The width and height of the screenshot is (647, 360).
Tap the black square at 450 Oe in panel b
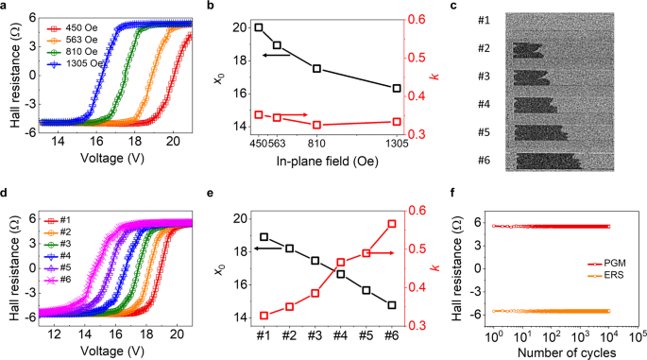259,27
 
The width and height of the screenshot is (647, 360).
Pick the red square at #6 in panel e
391,224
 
